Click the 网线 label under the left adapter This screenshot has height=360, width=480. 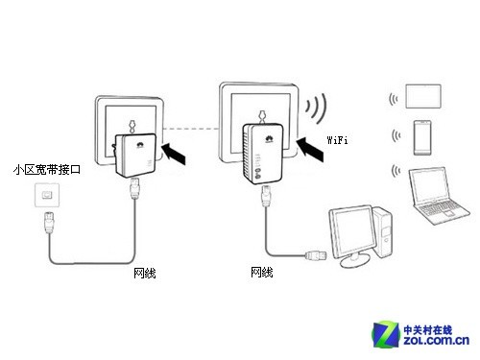[x=145, y=274]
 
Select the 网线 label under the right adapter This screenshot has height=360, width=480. [x=261, y=273]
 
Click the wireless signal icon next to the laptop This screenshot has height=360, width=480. [x=395, y=171]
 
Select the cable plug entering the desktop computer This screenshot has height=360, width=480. [x=314, y=257]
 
